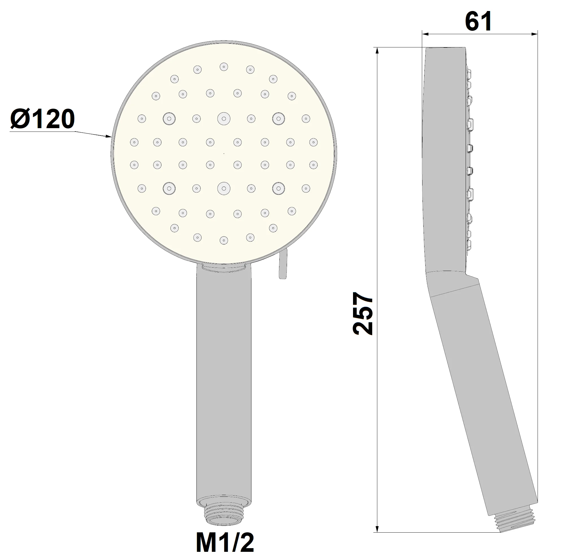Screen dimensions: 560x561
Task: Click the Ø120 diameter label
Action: pyautogui.click(x=43, y=119)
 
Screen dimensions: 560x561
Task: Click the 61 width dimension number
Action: pyautogui.click(x=478, y=21)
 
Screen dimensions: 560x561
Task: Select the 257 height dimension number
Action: pyautogui.click(x=362, y=314)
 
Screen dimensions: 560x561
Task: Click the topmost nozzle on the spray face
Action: pyautogui.click(x=223, y=67)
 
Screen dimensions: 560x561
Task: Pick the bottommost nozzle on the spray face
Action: pyautogui.click(x=223, y=240)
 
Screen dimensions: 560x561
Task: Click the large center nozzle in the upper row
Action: pyautogui.click(x=223, y=119)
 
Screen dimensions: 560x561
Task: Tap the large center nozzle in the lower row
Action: pyautogui.click(x=223, y=189)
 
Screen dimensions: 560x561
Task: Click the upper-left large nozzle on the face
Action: pyautogui.click(x=169, y=119)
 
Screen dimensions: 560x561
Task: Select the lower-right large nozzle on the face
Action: pyautogui.click(x=279, y=189)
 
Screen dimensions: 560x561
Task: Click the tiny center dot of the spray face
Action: pyautogui.click(x=223, y=153)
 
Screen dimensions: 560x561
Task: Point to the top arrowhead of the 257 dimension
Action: pyautogui.click(x=377, y=51)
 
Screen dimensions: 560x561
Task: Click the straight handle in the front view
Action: pyautogui.click(x=223, y=378)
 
